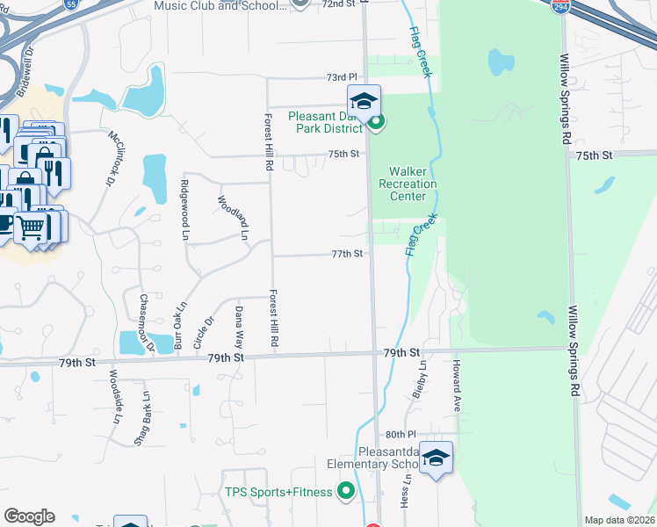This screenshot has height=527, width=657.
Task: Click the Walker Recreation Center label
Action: click(408, 184)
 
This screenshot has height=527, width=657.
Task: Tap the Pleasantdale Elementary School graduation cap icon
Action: click(436, 458)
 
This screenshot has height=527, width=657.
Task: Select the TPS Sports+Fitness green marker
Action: click(346, 492)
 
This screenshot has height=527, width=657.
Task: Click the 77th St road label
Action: click(348, 254)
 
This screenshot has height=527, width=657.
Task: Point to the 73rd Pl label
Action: click(343, 77)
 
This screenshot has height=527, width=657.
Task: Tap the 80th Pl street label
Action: click(400, 435)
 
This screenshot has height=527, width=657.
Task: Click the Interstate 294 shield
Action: click(559, 6)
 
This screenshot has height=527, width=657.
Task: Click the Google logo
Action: click(29, 516)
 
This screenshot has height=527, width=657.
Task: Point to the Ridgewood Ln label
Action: click(184, 203)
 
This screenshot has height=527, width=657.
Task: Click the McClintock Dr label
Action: click(113, 158)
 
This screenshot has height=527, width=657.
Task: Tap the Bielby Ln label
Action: click(421, 377)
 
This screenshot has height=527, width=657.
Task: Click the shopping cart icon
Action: click(32, 227)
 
